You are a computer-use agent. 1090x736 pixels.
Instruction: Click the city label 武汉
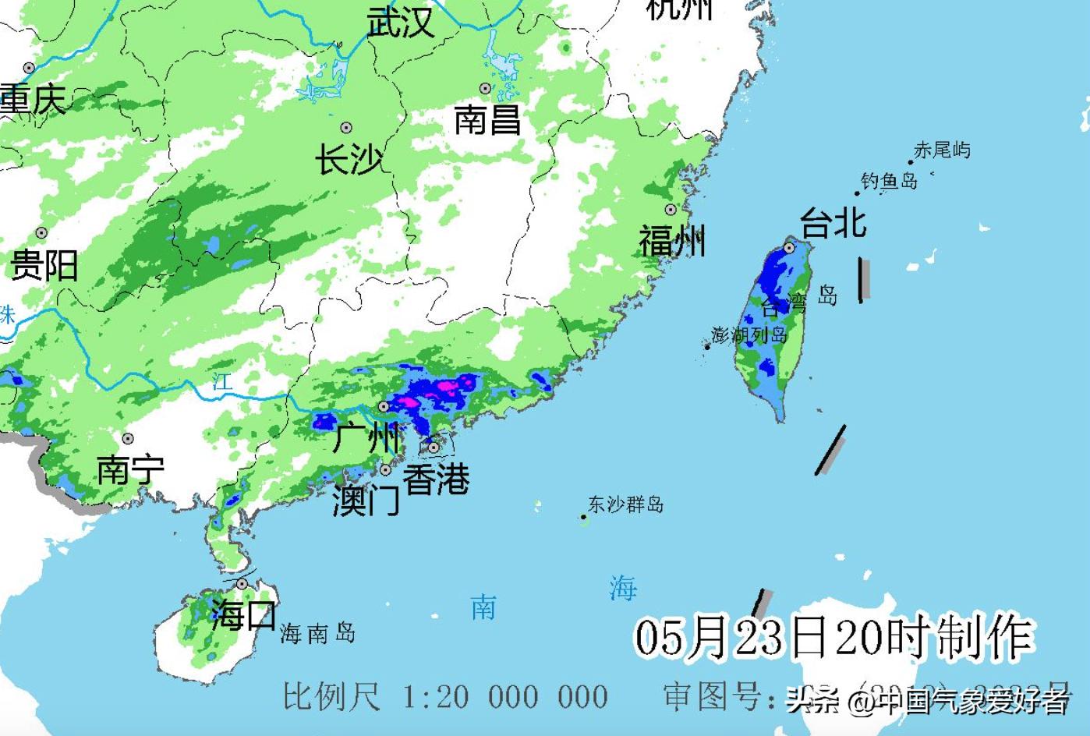pos(400,22)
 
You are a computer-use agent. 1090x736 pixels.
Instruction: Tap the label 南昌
pos(487,120)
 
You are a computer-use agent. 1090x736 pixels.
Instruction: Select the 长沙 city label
pos(349,161)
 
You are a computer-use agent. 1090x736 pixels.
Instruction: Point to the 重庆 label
pos(33,100)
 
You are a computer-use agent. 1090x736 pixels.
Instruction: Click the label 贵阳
pos(44,265)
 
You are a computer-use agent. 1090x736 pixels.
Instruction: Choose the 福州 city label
pos(672,240)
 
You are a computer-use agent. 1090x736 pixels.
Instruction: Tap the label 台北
pos(833,223)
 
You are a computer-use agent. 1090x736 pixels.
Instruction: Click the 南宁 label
pos(130,469)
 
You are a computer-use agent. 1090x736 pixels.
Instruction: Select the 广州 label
pos(366,437)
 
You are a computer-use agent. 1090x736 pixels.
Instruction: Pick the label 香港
pos(436,478)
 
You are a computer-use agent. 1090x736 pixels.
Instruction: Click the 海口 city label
pos(243,615)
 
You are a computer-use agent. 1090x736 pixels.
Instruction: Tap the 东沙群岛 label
pos(625,504)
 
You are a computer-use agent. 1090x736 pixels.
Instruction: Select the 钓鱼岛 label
pos(889,182)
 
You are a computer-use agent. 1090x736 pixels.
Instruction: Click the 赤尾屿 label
pos(942,150)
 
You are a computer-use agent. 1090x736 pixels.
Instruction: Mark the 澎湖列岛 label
pos(749,335)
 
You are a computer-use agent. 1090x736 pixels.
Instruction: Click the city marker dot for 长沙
pos(346,128)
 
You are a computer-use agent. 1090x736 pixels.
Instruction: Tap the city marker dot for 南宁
pos(128,439)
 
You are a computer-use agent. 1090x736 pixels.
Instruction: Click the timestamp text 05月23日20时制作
pos(833,637)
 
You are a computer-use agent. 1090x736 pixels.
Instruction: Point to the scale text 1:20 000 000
pos(504,696)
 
